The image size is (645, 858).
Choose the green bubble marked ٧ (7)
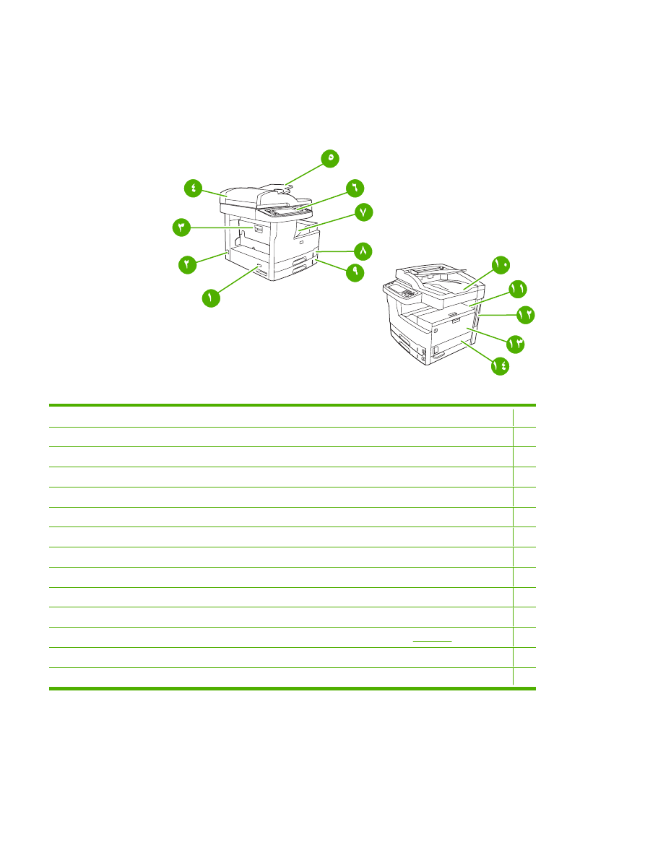363,212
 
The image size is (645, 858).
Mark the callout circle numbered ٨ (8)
363,250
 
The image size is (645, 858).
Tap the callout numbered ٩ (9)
355,272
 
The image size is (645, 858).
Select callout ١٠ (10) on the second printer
501,265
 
